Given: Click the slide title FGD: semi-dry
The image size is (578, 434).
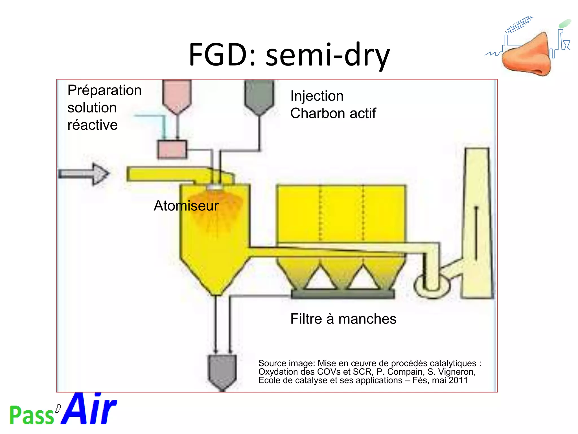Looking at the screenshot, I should click(289, 55).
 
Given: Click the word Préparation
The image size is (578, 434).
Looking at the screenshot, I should click(104, 90).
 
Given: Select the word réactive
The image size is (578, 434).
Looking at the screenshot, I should click(93, 125).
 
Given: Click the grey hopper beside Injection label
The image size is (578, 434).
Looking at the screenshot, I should click(259, 96).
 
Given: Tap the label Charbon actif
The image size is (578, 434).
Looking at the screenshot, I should click(333, 113).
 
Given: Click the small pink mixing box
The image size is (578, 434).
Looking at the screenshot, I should click(172, 149).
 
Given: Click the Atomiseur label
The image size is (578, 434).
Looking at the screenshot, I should click(186, 206).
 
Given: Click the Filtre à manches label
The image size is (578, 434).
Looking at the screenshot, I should click(343, 319).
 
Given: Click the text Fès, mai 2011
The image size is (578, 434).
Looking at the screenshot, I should click(440, 380).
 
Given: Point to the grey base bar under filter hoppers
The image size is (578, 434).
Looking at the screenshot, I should click(343, 294).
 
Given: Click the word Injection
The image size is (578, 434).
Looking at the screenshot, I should click(317, 96).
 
